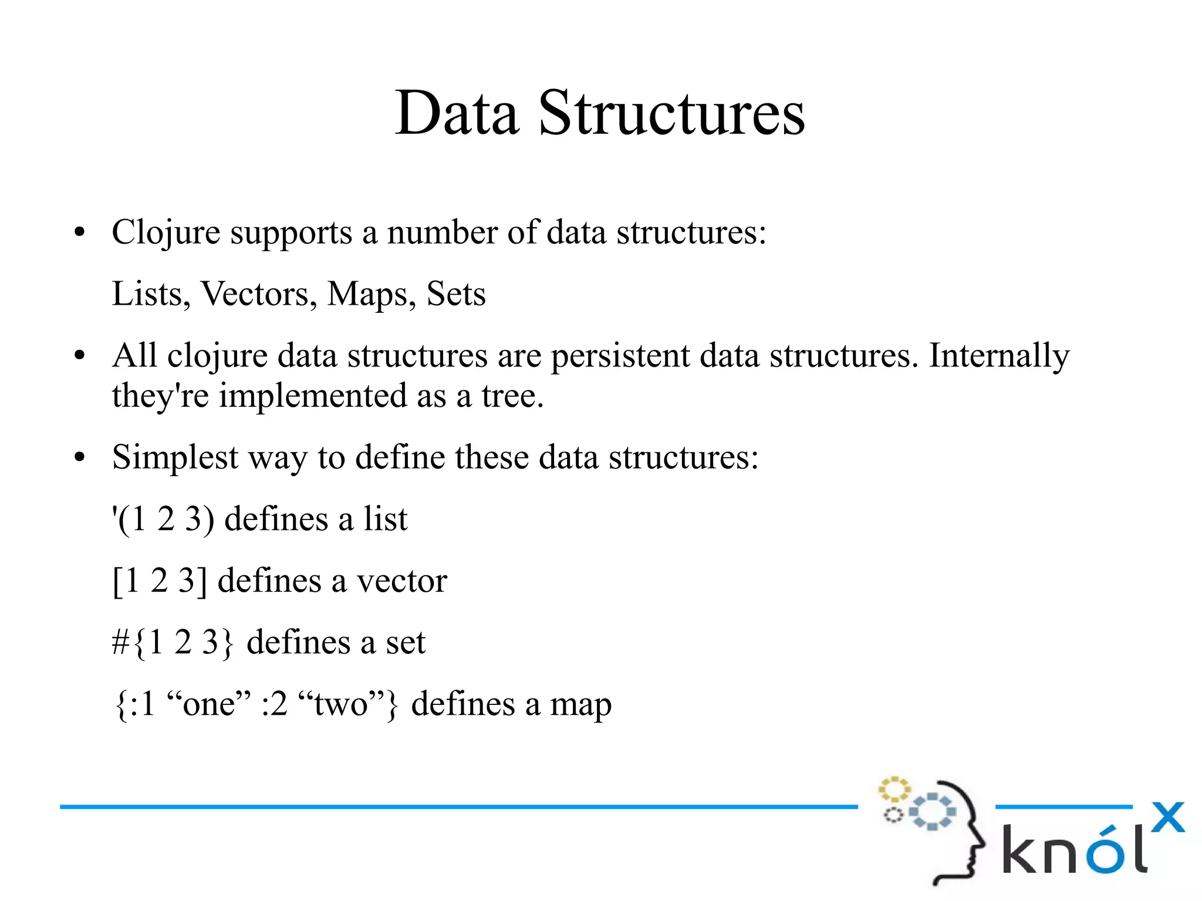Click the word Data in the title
[x=457, y=113]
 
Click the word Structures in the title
[x=671, y=113]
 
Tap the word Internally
[x=999, y=356]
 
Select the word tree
[x=512, y=396]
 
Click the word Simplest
[x=175, y=458]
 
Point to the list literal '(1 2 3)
[x=163, y=519]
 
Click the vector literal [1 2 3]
[x=159, y=581]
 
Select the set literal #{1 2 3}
[x=173, y=643]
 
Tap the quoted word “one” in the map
[x=209, y=704]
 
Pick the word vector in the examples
[x=402, y=581]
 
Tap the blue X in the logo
[x=1167, y=817]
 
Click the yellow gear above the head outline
[x=894, y=789]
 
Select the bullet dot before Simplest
[x=80, y=458]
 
